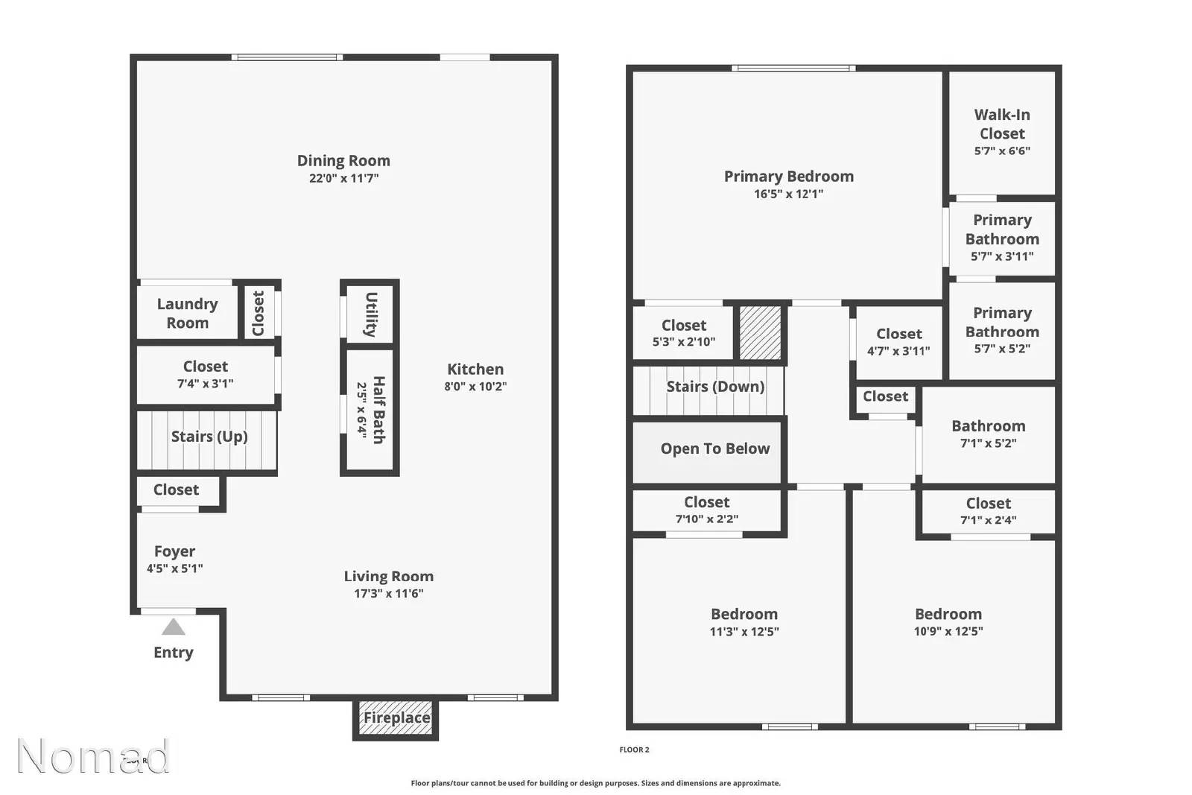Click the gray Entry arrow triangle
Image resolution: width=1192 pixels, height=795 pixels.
[x=173, y=627]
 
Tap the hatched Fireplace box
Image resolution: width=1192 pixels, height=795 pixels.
[x=396, y=718]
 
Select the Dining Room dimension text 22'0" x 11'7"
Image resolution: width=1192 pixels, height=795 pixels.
[x=343, y=179]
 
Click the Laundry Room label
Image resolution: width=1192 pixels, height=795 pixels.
[x=187, y=313]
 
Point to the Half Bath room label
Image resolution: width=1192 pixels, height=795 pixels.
[x=378, y=410]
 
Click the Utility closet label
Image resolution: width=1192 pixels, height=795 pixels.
[x=370, y=314]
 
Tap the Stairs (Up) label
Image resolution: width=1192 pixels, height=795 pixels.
[x=209, y=437]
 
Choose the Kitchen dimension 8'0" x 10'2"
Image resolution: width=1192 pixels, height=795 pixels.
[x=475, y=387]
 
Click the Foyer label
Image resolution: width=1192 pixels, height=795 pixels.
[x=174, y=551]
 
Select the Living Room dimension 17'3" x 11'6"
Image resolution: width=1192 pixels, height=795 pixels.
[x=388, y=594]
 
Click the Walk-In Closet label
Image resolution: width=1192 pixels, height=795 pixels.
[x=1002, y=124]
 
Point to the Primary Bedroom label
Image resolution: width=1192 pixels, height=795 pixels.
[x=788, y=177]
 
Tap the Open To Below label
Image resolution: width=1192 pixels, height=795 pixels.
[x=714, y=449]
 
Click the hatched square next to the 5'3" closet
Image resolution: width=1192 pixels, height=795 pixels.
[x=760, y=332]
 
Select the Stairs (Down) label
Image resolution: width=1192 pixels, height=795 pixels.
[x=714, y=387]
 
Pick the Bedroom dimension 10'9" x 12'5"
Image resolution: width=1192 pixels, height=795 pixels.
[x=948, y=632]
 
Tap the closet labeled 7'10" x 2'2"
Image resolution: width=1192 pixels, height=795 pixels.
[x=706, y=510]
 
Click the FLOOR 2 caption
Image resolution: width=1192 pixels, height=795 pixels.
[x=634, y=750]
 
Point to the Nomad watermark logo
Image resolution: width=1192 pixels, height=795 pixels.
[x=93, y=756]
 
